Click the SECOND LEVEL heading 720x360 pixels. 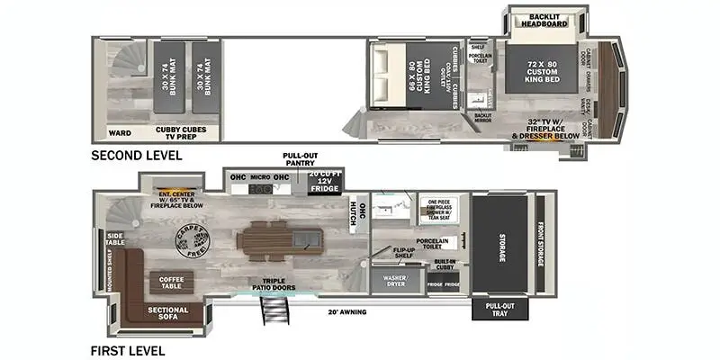pyautogui.click(x=137, y=156)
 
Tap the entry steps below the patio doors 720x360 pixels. pyautogui.click(x=272, y=311)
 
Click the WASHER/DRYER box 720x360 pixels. pyautogui.click(x=396, y=281)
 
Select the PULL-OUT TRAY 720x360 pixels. pyautogui.click(x=494, y=309)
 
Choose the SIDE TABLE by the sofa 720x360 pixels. pyautogui.click(x=115, y=238)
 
